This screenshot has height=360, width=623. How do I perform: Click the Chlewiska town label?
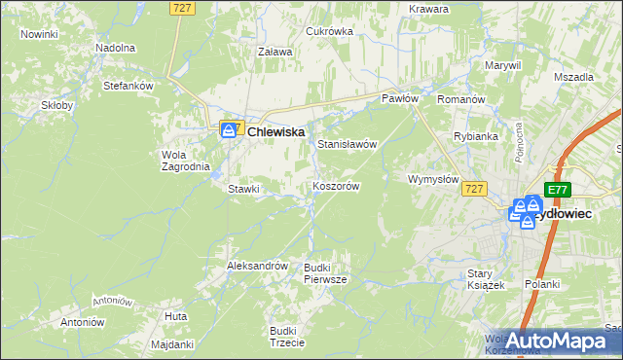tap(276, 131)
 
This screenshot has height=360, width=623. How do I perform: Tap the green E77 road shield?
tap(557, 190)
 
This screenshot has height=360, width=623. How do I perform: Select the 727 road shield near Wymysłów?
tap(474, 189)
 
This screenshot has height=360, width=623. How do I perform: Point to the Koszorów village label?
tap(337, 186)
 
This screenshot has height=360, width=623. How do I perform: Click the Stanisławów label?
tap(347, 144)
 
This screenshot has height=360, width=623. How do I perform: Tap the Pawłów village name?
tap(399, 99)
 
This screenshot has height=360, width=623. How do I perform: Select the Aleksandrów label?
tap(257, 266)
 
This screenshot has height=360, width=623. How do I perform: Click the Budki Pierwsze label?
tap(325, 273)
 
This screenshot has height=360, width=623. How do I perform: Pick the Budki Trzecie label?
tap(287, 337)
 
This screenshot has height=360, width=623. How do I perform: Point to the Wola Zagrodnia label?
tap(185, 161)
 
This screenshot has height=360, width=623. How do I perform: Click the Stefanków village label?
tap(129, 86)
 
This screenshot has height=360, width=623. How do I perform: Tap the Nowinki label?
tap(39, 34)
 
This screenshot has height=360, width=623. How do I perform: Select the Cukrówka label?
tap(329, 31)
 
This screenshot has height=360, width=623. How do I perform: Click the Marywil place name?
tap(503, 65)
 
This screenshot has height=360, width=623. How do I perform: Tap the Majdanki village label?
tap(173, 344)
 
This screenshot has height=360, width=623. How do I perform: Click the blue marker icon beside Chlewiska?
tap(230, 129)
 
